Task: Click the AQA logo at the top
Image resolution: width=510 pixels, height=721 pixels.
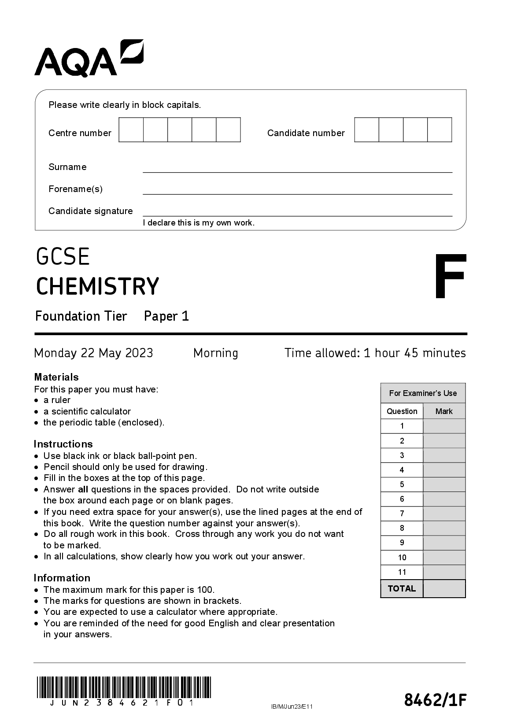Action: pos(89,58)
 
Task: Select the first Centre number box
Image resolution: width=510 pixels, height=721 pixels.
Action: pos(131,130)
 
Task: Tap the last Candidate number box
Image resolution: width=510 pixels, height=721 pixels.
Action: pos(440,130)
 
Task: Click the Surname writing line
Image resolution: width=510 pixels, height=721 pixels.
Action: pos(297,168)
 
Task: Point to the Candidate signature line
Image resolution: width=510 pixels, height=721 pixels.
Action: pos(297,212)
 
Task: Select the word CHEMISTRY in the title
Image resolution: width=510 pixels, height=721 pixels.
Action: pos(97,286)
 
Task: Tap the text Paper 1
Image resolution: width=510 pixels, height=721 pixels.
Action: pos(166,316)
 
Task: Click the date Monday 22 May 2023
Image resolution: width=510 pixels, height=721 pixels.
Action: pos(93,353)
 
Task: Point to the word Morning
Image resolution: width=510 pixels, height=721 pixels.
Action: pos(215,353)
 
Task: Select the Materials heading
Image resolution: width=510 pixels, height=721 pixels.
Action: pos(56,377)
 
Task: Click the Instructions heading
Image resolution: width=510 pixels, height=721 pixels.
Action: pos(63,444)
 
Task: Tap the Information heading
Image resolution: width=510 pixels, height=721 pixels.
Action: pos(62,578)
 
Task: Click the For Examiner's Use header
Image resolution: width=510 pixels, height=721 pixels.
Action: pos(423,393)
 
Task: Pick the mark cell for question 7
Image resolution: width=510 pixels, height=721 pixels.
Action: pos(444,514)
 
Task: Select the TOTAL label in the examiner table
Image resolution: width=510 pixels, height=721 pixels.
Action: pos(402,588)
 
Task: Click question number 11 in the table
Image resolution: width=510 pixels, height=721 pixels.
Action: pos(402,572)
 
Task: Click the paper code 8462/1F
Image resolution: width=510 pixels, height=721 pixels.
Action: pos(435,700)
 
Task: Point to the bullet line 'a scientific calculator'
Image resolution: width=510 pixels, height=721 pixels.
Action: pos(87,411)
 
